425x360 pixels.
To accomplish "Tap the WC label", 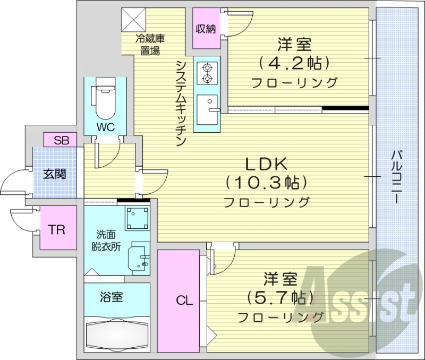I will pyautogui.click(x=104, y=127).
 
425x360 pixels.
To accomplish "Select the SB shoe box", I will pyautogui.click(x=62, y=140).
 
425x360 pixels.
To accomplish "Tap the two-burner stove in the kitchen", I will pyautogui.click(x=206, y=73).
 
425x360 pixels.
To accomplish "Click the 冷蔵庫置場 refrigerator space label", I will pyautogui.click(x=148, y=45).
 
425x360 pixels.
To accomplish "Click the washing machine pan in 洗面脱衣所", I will pyautogui.click(x=137, y=217).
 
